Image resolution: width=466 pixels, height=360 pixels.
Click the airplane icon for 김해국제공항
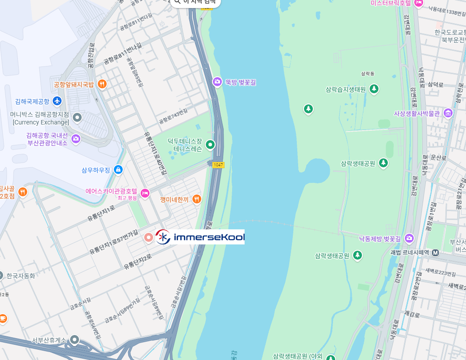click(x=57, y=101)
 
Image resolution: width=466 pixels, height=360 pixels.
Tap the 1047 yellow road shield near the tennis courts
click(x=218, y=165)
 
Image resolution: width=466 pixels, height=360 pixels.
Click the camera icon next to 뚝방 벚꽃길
click(x=217, y=82)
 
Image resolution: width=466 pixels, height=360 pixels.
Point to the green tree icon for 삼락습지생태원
click(x=374, y=89)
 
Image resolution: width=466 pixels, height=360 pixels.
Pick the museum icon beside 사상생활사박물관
click(x=448, y=114)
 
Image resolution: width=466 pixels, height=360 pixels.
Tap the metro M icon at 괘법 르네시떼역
click(x=435, y=252)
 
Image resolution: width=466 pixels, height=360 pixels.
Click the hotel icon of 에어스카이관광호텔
click(x=145, y=193)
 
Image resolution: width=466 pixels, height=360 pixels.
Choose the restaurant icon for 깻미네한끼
click(x=196, y=199)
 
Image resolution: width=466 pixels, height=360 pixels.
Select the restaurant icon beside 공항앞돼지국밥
click(x=102, y=84)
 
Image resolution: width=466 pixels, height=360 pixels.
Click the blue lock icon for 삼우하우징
click(x=118, y=170)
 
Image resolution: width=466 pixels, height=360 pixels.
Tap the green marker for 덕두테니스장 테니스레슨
click(x=210, y=145)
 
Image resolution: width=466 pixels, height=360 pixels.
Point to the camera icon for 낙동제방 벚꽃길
click(x=409, y=239)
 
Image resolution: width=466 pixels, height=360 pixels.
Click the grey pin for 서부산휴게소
click(x=75, y=340)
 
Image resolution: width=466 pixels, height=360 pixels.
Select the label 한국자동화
click(x=21, y=276)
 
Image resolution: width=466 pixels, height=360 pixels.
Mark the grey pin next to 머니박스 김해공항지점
click(x=77, y=117)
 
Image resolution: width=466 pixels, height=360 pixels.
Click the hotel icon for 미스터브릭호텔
click(x=418, y=3)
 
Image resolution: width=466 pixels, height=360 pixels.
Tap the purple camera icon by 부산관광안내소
click(x=76, y=139)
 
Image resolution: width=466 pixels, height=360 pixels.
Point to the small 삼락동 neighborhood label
click(x=368, y=73)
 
